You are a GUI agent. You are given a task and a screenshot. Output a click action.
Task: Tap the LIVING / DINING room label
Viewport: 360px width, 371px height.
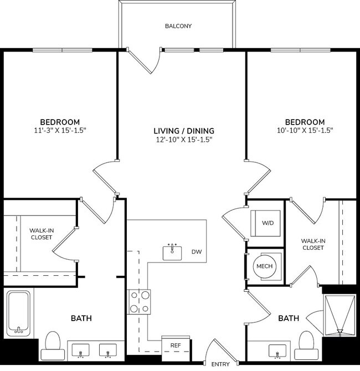pyautogui.click(x=184, y=131)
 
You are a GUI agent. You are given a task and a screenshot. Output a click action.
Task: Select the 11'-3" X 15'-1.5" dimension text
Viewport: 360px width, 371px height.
pyautogui.click(x=60, y=131)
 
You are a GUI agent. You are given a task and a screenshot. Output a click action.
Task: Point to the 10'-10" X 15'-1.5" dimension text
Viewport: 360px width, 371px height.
pyautogui.click(x=305, y=131)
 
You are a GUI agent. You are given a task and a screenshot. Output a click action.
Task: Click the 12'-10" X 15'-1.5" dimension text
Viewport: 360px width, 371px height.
pyautogui.click(x=184, y=140)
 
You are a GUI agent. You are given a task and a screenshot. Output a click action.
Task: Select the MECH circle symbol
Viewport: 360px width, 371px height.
pyautogui.click(x=264, y=267)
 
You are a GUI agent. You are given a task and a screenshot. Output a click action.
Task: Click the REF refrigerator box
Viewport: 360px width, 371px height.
pyautogui.click(x=175, y=345)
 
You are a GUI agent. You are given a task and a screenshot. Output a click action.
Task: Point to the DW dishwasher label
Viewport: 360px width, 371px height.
pyautogui.click(x=196, y=252)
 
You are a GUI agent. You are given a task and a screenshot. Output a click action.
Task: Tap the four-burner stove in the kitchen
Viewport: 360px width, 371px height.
pyautogui.click(x=139, y=302)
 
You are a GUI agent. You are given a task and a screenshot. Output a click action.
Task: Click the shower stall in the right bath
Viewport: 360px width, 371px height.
pyautogui.click(x=339, y=316)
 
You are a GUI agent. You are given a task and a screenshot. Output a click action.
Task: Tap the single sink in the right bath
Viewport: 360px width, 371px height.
pyautogui.click(x=277, y=350)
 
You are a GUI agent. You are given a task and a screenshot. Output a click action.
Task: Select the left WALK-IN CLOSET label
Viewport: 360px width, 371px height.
pyautogui.click(x=41, y=233)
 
